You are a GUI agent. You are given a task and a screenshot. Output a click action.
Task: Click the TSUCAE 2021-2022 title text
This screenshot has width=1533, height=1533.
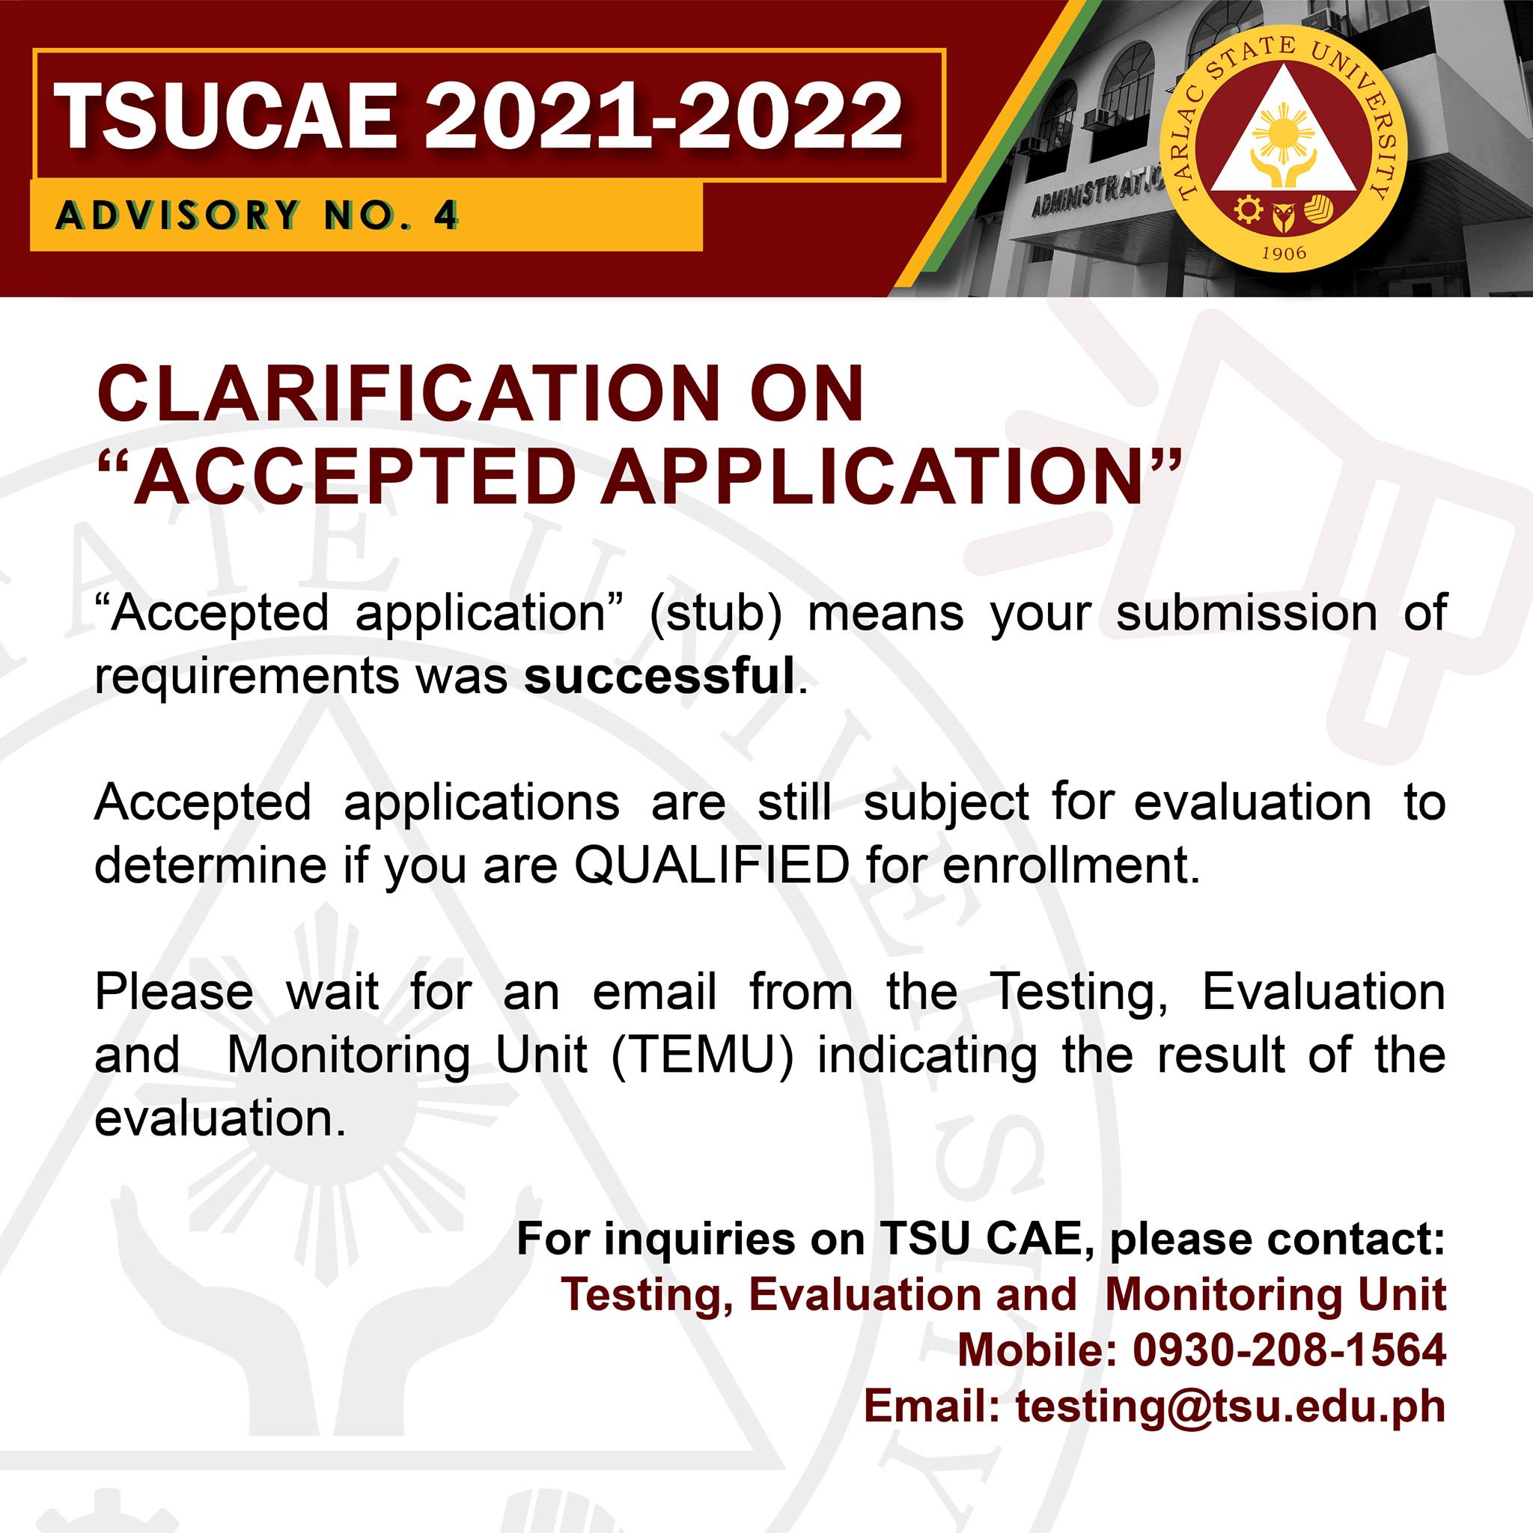(481, 116)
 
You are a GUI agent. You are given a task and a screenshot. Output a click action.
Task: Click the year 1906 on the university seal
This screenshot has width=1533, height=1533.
(1283, 253)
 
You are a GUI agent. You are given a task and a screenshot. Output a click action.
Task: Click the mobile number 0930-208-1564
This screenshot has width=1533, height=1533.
(1289, 1350)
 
